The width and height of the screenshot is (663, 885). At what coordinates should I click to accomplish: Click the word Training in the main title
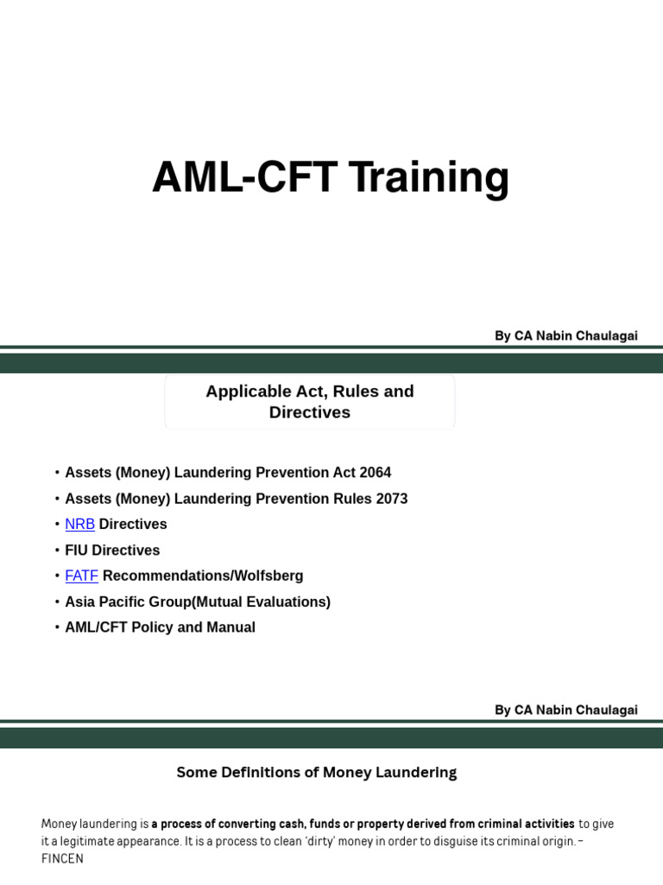pos(429,179)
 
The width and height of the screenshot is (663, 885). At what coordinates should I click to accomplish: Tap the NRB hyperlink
pos(79,525)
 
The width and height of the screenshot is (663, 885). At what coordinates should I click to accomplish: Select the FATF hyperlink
pos(81,576)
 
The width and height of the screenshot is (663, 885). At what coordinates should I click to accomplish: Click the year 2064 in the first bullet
pos(375,473)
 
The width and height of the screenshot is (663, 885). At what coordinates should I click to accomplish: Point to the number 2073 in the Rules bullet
pos(391,499)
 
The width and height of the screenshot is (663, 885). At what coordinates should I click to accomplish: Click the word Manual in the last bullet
pos(230,627)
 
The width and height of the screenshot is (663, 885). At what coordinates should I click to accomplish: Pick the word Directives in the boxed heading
pos(309,413)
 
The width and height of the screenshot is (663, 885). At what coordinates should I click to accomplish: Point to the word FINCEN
pos(62,860)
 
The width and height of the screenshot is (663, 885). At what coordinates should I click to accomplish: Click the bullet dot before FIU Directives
pos(57,551)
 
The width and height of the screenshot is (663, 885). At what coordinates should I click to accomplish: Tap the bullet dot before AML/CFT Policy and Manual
pos(57,627)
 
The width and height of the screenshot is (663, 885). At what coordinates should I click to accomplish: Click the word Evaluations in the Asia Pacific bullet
pos(291,602)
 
